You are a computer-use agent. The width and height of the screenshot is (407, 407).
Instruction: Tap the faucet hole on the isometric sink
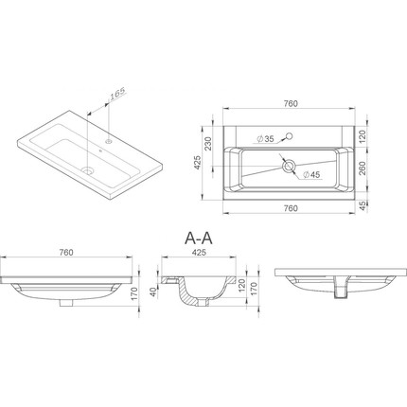[109, 141]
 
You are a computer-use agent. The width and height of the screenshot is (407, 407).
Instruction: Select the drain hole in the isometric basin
[87, 170]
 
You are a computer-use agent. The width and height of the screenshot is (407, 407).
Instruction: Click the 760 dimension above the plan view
[291, 104]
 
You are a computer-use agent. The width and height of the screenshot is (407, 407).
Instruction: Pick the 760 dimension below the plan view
[291, 208]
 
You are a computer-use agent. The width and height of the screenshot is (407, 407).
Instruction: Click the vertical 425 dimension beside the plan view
[198, 163]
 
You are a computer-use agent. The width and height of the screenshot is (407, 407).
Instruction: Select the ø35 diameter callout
[265, 139]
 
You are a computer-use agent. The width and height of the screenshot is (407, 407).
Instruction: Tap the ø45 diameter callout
[311, 174]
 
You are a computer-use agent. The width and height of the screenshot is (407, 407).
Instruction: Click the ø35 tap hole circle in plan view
[289, 136]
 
